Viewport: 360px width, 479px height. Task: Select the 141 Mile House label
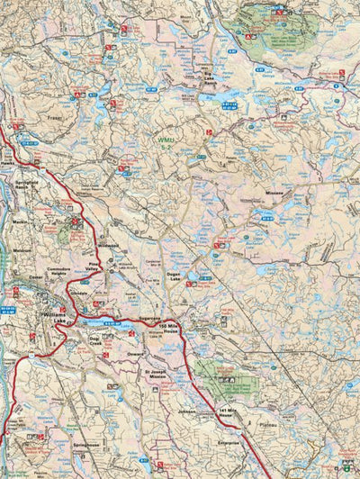point(231,412)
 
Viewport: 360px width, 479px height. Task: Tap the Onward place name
point(139,354)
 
